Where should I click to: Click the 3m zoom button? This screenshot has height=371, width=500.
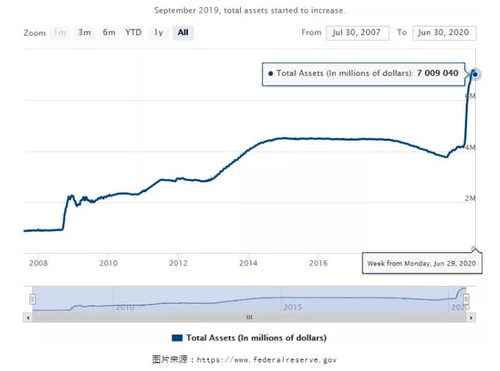[84, 33]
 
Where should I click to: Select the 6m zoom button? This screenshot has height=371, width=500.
[109, 33]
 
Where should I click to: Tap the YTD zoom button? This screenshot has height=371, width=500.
[134, 33]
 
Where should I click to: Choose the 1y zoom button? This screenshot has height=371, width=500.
[159, 33]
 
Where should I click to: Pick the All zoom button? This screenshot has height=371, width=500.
[183, 33]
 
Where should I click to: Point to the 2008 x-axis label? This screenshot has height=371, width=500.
[38, 262]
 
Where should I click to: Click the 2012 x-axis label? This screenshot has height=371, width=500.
[178, 262]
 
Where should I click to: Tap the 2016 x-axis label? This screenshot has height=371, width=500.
[318, 262]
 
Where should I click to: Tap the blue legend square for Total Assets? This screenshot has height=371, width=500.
[177, 337]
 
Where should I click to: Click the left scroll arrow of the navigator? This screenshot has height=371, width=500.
[29, 317]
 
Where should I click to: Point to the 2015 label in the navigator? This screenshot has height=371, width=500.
[291, 307]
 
